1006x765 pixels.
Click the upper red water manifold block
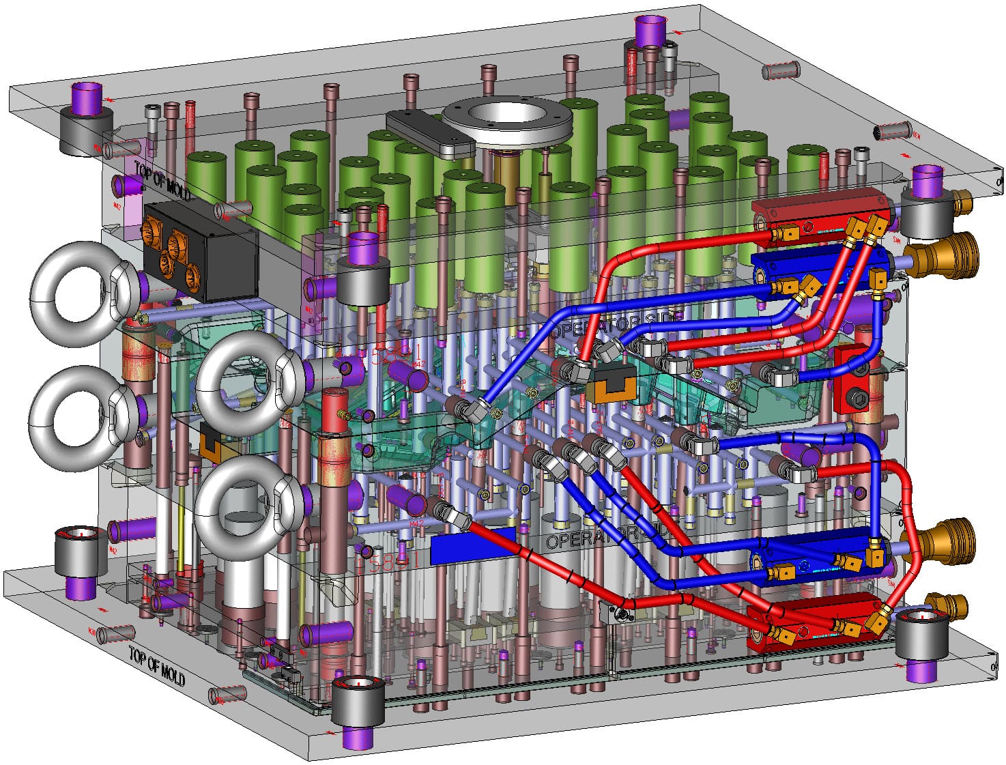click(x=819, y=213)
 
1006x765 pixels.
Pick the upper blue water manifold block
click(x=819, y=268)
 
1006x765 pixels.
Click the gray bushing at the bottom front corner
click(x=358, y=703)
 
